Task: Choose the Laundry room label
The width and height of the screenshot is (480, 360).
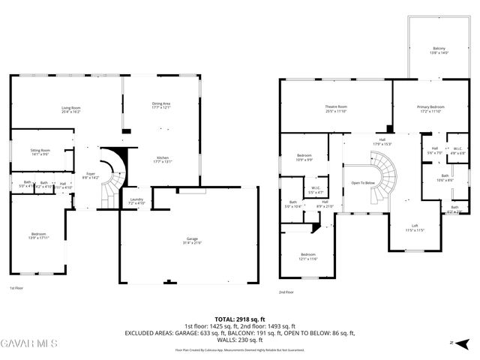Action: click(x=136, y=201)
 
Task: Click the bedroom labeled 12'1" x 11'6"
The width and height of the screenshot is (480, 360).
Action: click(x=308, y=256)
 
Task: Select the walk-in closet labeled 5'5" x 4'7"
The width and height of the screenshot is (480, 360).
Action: click(x=315, y=189)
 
